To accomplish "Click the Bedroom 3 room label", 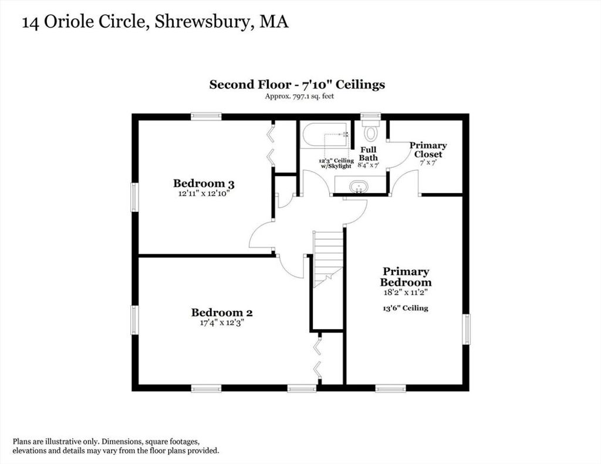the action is pos(204,183).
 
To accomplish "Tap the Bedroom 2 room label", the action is pos(222,312).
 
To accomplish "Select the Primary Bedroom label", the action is pos(406,277).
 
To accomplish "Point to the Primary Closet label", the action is pos(428,150).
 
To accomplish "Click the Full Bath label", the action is pos(369,153).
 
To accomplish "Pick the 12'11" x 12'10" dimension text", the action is pos(204,194).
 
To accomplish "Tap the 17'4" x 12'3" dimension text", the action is pos(222,323).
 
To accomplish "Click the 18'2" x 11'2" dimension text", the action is pos(406,292).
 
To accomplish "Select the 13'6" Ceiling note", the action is pos(406,308).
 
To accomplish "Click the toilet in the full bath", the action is pos(371,130).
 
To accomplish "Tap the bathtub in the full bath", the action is pos(325,134).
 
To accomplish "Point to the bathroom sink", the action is pos(359,187).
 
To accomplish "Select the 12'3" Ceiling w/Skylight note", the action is pos(336,163).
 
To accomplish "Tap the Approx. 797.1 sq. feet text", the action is pos(299,96).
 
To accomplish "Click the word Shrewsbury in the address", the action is pos(202,22).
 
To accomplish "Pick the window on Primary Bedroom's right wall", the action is pos(466,329).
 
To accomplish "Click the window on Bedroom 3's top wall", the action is pos(206,116).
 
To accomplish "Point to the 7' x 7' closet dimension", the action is pos(428,162).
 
